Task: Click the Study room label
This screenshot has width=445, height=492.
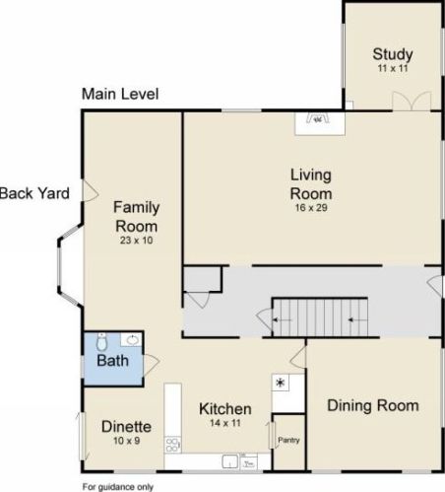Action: (x=393, y=54)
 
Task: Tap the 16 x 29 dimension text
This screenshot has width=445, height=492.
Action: (x=311, y=208)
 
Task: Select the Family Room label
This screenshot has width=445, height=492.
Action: (x=137, y=217)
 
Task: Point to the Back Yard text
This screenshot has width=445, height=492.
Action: (x=34, y=193)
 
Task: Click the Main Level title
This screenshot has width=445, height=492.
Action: (x=120, y=94)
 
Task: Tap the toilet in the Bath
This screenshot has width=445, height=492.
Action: (x=101, y=342)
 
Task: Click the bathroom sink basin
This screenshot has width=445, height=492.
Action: (x=133, y=340)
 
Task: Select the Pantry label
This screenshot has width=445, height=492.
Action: (x=288, y=440)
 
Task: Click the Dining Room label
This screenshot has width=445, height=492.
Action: (x=373, y=405)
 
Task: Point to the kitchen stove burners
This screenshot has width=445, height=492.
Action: (x=172, y=445)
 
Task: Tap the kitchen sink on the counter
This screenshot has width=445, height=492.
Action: (x=230, y=461)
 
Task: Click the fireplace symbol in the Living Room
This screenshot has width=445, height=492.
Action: (x=317, y=118)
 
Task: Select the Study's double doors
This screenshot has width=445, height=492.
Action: (x=412, y=101)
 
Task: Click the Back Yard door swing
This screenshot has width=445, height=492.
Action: (x=90, y=190)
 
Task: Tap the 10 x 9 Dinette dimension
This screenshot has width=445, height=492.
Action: (x=127, y=441)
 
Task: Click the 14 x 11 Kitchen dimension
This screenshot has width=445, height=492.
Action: (x=225, y=423)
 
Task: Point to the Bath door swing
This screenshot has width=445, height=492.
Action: (x=152, y=365)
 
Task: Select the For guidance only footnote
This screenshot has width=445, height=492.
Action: (x=118, y=487)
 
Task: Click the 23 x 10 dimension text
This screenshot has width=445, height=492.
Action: (x=136, y=241)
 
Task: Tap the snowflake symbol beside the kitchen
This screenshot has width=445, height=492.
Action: (x=281, y=383)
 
